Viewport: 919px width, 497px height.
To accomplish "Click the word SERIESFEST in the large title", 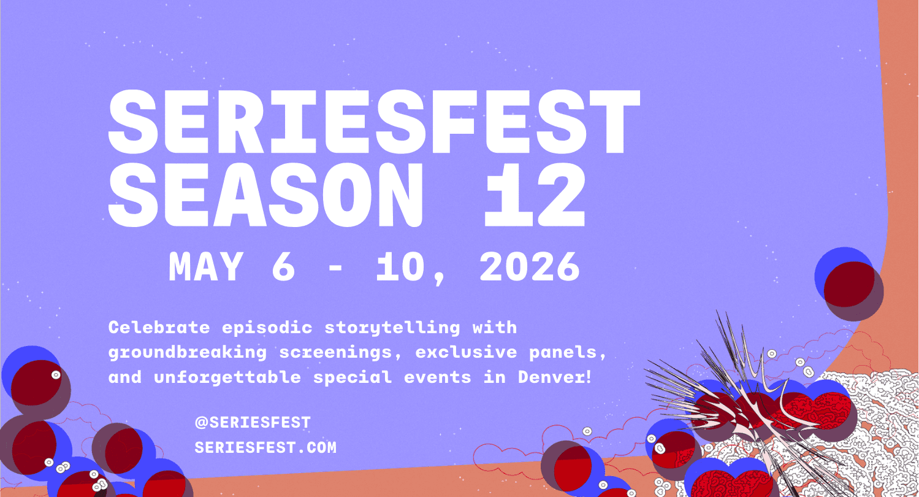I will pyautogui.click(x=374, y=124).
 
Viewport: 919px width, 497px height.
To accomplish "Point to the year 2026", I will pyautogui.click(x=529, y=267).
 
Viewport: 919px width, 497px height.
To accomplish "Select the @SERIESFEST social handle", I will pyautogui.click(x=253, y=423).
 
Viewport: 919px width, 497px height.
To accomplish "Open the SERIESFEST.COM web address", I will pyautogui.click(x=265, y=448).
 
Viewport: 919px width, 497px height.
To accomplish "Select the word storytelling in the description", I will pyautogui.click(x=392, y=327).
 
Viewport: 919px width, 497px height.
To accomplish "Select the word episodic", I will pyautogui.click(x=267, y=327).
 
